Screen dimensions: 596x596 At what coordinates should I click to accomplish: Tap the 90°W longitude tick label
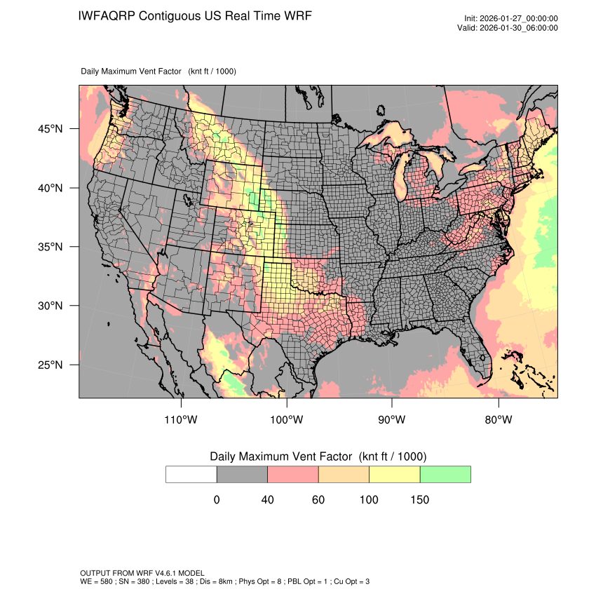pos(392,420)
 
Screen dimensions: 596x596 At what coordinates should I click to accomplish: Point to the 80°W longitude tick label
pos(498,420)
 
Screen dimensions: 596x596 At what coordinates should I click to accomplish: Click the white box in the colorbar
pos(191,474)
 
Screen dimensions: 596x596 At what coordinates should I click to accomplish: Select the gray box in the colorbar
pos(242,474)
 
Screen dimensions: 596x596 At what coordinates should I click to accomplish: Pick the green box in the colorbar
pos(445,474)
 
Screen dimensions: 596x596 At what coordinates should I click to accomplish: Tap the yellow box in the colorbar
pos(394,474)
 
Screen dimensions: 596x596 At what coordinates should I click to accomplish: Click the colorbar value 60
pos(318,500)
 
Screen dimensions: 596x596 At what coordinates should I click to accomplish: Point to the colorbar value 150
pos(419,500)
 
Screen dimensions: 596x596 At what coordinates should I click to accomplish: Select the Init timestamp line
pos(510,19)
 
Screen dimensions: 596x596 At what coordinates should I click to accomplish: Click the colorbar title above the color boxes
pos(318,456)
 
